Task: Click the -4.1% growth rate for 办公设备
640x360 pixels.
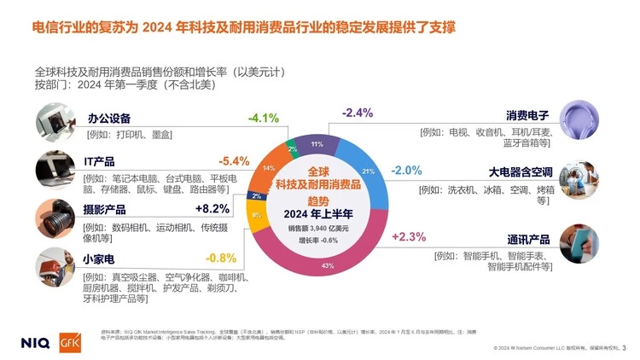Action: tap(264, 118)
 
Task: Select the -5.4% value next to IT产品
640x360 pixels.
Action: tap(234, 160)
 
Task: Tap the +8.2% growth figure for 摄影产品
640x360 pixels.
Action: tap(212, 208)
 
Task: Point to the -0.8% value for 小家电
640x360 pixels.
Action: tap(220, 258)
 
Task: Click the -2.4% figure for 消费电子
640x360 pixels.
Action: tap(358, 113)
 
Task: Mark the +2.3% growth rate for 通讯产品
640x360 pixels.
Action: tap(408, 236)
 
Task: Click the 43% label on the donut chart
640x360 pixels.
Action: tap(328, 266)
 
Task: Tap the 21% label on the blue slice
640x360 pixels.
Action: tap(369, 171)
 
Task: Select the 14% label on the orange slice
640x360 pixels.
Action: tap(269, 168)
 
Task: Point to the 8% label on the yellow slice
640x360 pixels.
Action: tap(256, 214)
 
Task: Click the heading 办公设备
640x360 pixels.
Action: tap(108, 118)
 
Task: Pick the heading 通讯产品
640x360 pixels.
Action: tap(527, 239)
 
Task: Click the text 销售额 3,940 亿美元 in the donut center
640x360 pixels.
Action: tap(318, 228)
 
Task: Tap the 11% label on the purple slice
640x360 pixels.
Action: tap(317, 144)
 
